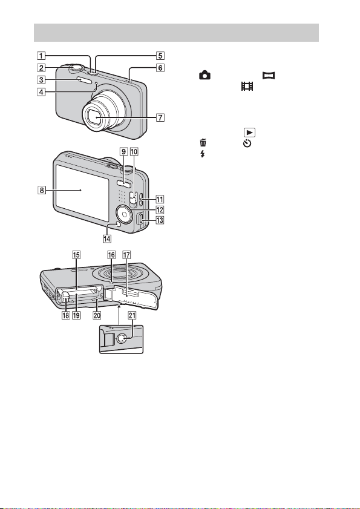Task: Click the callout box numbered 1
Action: tap(41, 56)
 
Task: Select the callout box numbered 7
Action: tap(161, 117)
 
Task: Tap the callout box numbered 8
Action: tap(41, 190)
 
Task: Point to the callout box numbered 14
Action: tap(106, 238)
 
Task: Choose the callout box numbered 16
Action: tap(111, 255)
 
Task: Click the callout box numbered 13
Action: tap(160, 221)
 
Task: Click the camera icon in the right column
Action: tap(205, 76)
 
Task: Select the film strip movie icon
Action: tap(247, 87)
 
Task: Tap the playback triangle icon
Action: tap(249, 133)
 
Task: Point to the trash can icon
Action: tap(203, 143)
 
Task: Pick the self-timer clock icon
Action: tap(247, 143)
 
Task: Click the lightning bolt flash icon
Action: tap(203, 154)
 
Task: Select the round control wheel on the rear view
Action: tap(123, 213)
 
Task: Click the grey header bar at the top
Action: tap(176, 33)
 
